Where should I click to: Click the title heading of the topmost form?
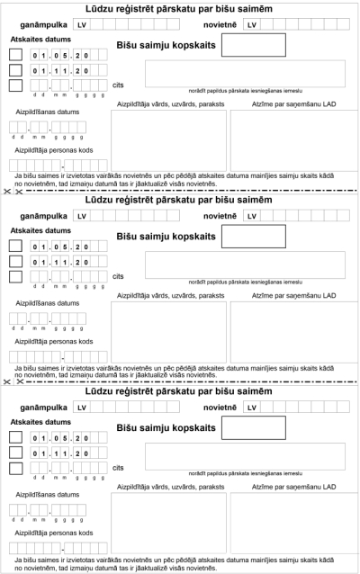[x=180, y=7]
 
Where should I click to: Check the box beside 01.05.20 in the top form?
[x=15, y=55]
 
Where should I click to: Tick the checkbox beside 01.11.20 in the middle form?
[x=15, y=261]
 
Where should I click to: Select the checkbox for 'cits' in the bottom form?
[x=15, y=467]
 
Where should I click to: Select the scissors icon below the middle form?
[x=7, y=382]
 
